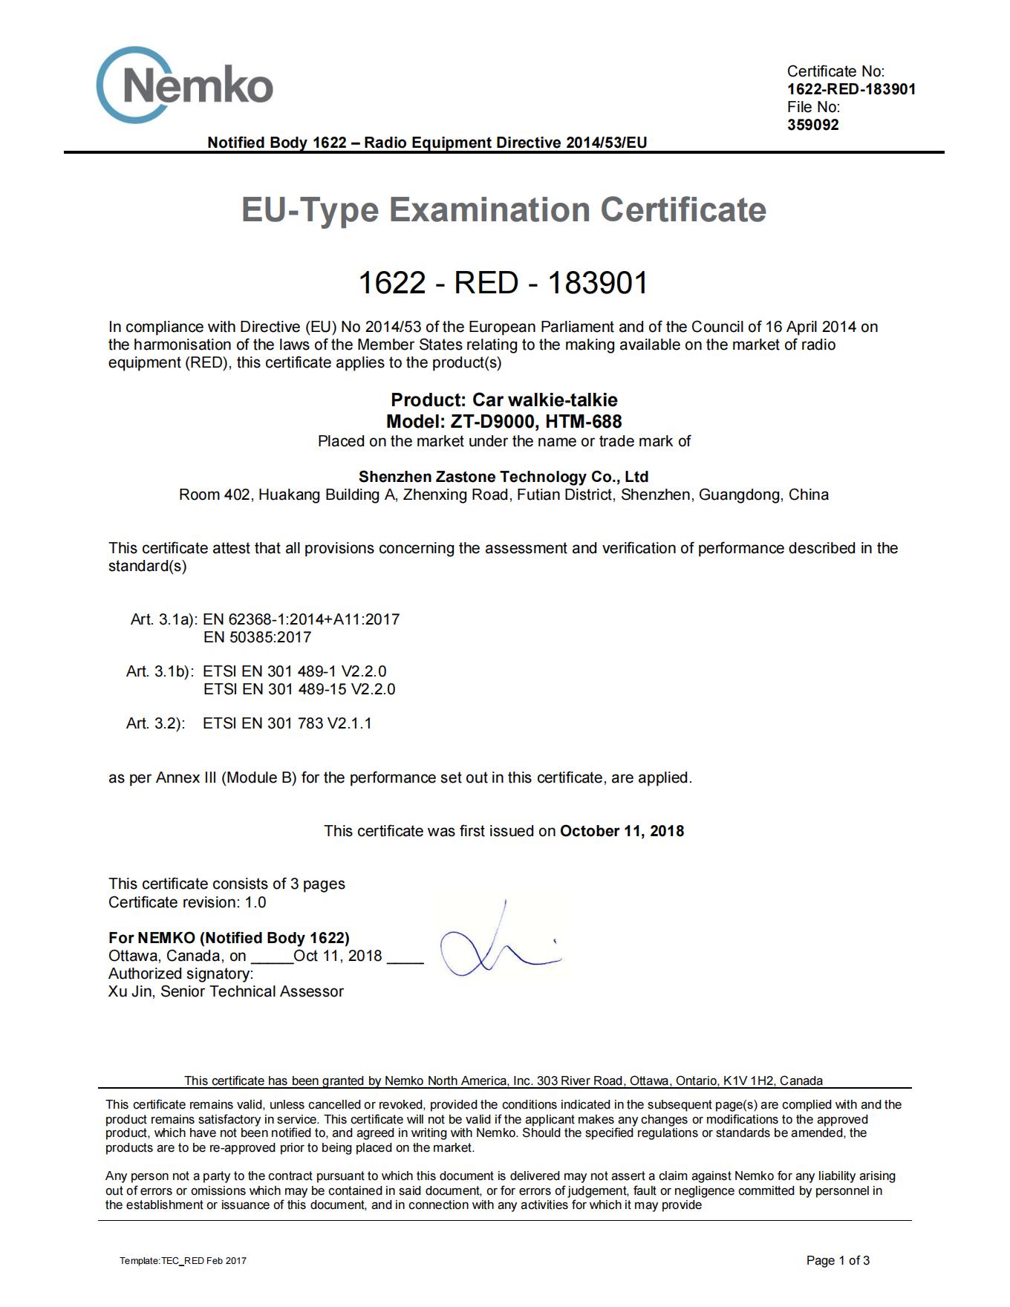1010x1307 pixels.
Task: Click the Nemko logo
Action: (184, 85)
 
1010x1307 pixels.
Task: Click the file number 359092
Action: (812, 125)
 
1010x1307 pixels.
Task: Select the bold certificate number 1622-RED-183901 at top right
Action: (851, 89)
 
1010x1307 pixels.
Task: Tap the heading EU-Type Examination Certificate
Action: (504, 209)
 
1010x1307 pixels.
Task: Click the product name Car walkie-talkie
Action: (545, 400)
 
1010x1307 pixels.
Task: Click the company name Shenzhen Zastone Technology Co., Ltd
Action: (504, 477)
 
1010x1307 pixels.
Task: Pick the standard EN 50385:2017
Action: (257, 637)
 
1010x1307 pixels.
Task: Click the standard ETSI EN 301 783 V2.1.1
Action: (287, 723)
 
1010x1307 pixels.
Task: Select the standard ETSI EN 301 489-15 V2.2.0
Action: (299, 689)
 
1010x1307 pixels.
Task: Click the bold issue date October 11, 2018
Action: (622, 831)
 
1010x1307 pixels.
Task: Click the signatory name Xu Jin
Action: (129, 991)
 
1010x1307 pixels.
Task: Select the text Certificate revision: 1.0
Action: (187, 902)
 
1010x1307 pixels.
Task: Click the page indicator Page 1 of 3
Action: (838, 1260)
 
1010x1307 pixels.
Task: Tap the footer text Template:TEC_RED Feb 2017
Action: (183, 1261)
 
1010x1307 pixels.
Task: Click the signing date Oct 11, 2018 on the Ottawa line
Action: (338, 956)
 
